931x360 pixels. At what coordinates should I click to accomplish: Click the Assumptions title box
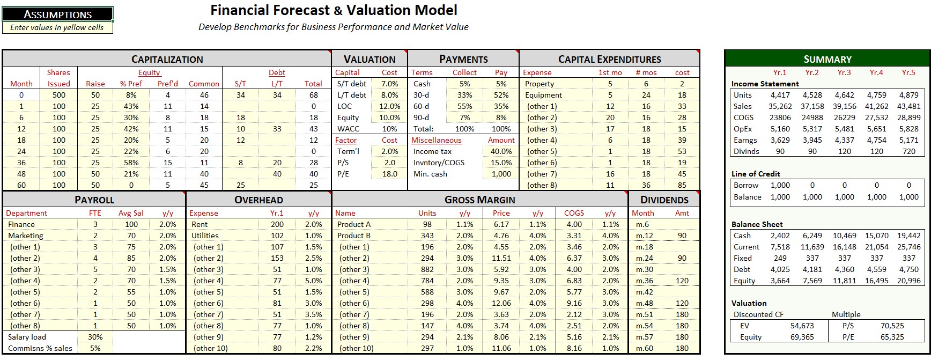tap(58, 14)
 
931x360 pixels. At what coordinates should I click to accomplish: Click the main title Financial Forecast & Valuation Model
tap(334, 10)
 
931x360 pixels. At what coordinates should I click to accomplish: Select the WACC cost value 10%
tap(389, 129)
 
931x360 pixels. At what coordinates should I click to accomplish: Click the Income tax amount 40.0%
tap(501, 151)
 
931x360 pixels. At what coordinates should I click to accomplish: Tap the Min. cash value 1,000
tap(501, 174)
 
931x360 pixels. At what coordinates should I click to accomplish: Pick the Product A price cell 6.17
tap(501, 224)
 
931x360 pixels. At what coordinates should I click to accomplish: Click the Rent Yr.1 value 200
tap(277, 224)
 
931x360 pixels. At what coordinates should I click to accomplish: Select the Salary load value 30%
tap(95, 337)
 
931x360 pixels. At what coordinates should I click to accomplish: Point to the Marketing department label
tap(26, 236)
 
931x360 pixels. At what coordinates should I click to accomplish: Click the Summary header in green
tap(827, 59)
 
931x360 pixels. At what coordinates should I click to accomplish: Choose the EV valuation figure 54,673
tap(802, 326)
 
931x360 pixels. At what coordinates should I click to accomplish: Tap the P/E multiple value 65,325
tap(892, 337)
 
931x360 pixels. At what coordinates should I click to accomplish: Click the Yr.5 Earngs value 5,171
tap(908, 140)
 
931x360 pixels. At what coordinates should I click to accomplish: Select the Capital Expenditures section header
tap(609, 59)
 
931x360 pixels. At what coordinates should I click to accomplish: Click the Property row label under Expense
tap(540, 84)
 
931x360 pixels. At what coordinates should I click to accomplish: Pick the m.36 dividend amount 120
tap(682, 281)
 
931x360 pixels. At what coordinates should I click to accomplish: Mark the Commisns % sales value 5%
tap(95, 348)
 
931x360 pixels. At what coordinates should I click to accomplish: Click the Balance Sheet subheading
tap(757, 224)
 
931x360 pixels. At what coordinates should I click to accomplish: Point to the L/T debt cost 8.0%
tap(389, 95)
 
